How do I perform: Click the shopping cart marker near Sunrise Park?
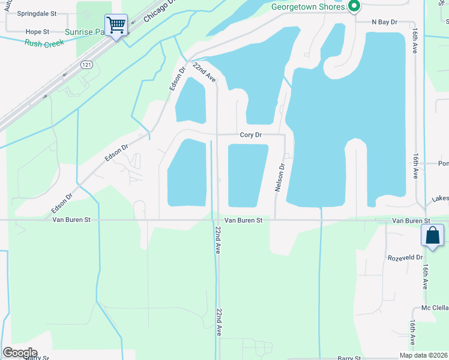[116, 26]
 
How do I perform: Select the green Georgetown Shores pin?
[354, 7]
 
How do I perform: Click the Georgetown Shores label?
[309, 7]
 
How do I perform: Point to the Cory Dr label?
[250, 135]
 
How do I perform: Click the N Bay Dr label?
[384, 22]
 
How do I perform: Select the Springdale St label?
[37, 13]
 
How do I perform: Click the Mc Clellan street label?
[435, 308]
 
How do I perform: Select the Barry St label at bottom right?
[348, 358]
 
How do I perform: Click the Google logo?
[19, 353]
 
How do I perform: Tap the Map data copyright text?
[424, 355]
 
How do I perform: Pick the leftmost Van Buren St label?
[71, 220]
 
